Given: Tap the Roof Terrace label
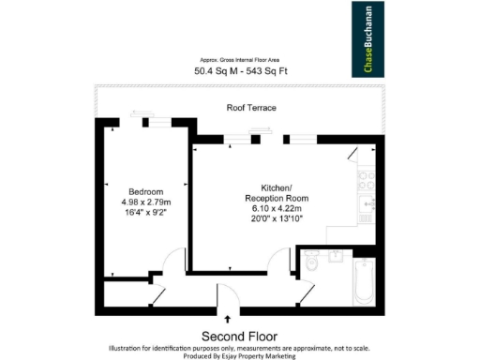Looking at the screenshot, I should pos(251,108).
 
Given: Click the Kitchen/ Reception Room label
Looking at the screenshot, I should pos(272,193).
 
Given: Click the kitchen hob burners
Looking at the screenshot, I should pos(365,179).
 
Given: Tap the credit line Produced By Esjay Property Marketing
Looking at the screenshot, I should pos(239,355).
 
